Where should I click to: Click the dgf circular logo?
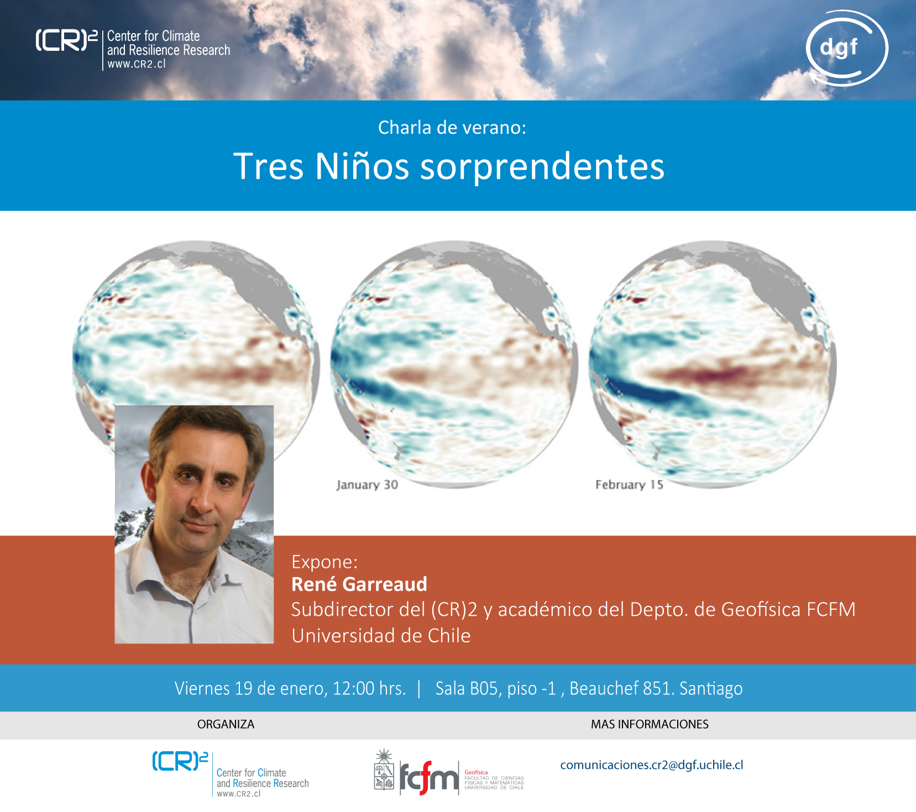click(846, 49)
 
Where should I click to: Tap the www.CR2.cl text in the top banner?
click(137, 64)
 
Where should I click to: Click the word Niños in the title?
click(362, 166)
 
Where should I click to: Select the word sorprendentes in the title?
click(542, 167)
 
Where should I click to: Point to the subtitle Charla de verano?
click(452, 128)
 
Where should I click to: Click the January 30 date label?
click(367, 484)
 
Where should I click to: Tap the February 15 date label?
click(629, 484)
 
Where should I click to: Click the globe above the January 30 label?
click(454, 364)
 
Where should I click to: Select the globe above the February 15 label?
click(713, 364)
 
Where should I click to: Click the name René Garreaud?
click(359, 584)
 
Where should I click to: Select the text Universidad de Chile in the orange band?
click(381, 636)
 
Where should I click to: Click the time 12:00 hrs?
click(369, 688)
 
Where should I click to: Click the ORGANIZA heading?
click(226, 724)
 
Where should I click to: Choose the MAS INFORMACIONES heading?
click(650, 724)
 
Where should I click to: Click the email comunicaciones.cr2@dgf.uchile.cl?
click(652, 765)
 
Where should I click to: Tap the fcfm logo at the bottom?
click(449, 773)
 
